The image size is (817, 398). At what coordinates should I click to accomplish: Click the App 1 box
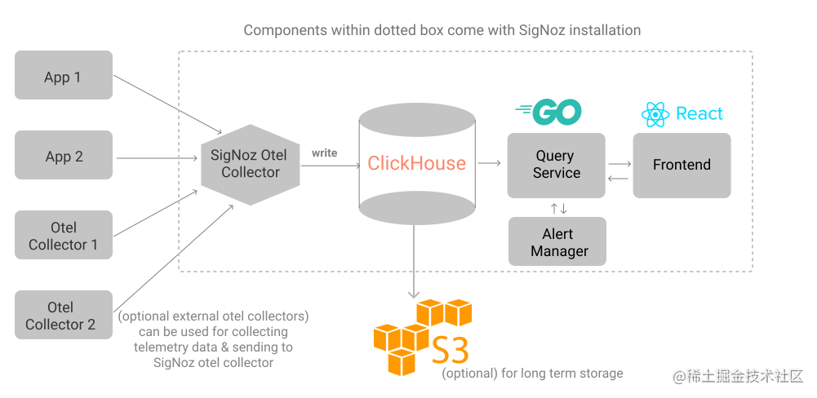point(64,76)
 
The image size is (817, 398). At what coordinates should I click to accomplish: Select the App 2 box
point(64,156)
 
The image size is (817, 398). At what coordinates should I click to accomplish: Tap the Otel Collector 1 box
point(64,236)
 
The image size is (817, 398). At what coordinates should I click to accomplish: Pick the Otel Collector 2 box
point(64,315)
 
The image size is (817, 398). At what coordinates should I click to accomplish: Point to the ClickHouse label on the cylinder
point(416,163)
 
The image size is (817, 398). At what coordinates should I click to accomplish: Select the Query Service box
point(556,164)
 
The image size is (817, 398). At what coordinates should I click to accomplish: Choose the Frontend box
point(682,165)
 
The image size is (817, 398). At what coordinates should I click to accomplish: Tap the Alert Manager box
point(557,242)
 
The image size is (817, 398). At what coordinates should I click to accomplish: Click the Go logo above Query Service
point(549,112)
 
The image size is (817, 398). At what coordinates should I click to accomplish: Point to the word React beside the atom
point(699,114)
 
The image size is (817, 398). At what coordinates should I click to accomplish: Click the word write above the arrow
point(325,153)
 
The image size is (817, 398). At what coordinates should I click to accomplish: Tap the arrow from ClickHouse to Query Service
point(490,164)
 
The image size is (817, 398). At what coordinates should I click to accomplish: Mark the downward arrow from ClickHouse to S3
point(415,261)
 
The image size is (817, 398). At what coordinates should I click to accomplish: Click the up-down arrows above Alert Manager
point(558,208)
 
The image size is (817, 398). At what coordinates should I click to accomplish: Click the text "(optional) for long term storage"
point(532,374)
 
